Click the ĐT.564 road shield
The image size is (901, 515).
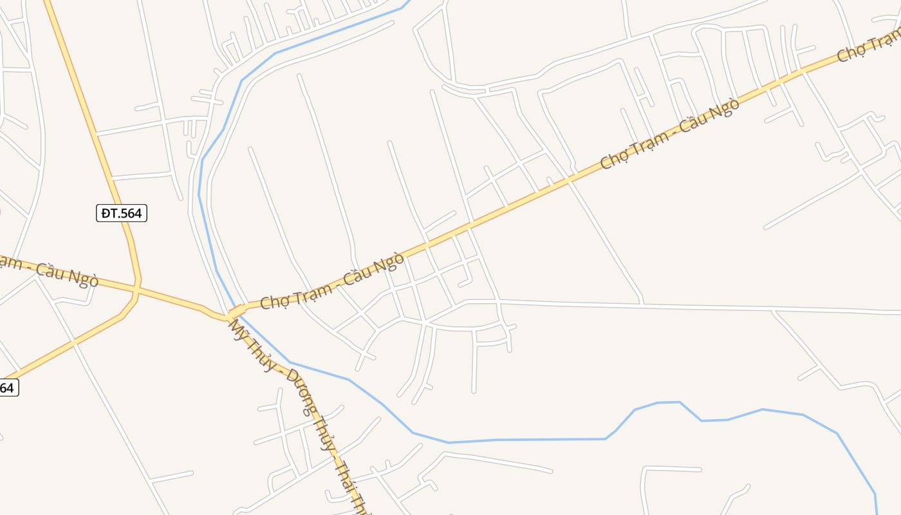[x=122, y=213]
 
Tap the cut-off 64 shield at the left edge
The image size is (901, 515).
[x=7, y=388]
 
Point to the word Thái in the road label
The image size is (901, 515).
[x=345, y=476]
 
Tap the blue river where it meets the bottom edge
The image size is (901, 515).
[x=877, y=512]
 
